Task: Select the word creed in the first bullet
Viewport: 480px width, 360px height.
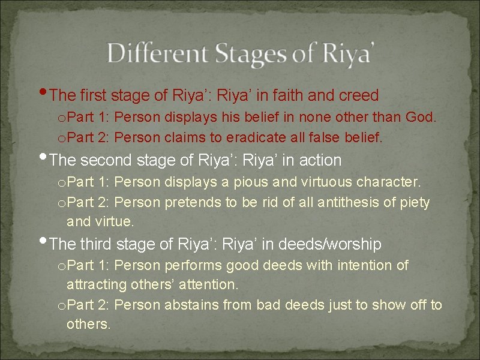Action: tap(358, 95)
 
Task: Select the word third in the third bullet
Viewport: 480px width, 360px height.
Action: tap(97, 244)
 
